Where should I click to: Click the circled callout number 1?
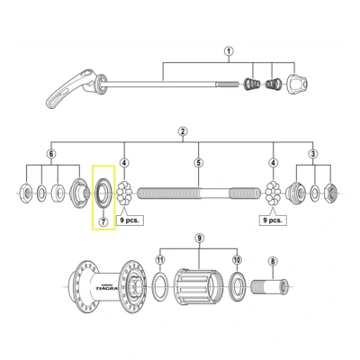click(229, 53)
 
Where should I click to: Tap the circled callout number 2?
click(182, 132)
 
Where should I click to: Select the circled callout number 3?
click(312, 155)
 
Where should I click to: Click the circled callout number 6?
click(50, 155)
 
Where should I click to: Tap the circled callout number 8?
click(273, 261)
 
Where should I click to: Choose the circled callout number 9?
click(200, 238)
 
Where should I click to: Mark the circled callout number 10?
click(237, 260)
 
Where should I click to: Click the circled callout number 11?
click(159, 260)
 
